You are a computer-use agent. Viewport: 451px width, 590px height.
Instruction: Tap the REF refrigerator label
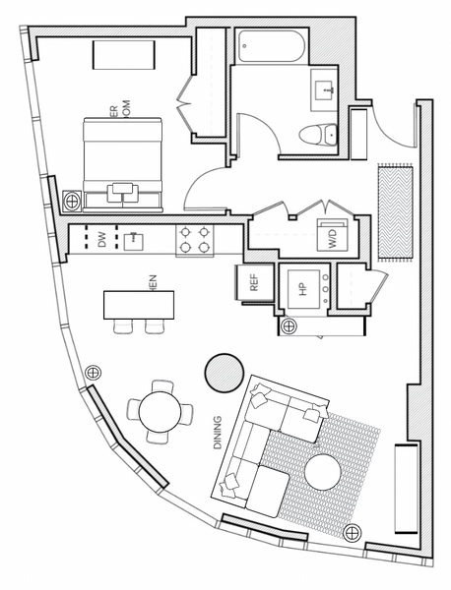(253, 283)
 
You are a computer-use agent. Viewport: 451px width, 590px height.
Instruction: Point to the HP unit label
(303, 289)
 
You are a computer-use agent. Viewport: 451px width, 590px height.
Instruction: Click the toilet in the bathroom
(319, 135)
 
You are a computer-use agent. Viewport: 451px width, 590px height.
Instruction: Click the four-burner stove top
(194, 239)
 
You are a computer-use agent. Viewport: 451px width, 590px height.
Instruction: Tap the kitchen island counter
(139, 304)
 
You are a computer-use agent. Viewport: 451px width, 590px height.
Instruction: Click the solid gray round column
(224, 372)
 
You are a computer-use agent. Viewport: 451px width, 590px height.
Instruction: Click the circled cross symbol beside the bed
(72, 201)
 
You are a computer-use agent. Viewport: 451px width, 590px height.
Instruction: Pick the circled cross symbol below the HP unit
(289, 325)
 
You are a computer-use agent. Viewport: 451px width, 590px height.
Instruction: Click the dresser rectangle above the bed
(122, 56)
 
